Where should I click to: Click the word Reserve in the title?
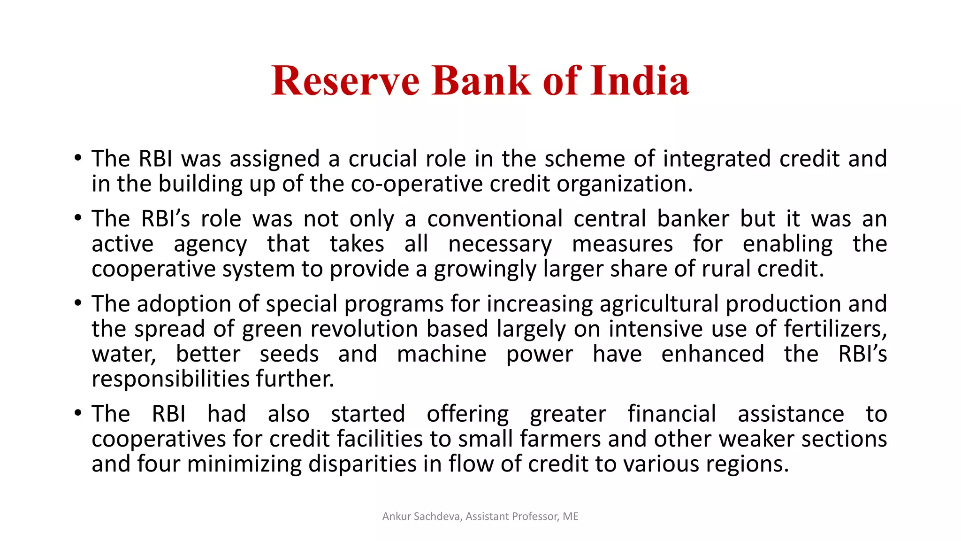pyautogui.click(x=345, y=81)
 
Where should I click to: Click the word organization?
pyautogui.click(x=624, y=184)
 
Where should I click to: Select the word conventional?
pyautogui.click(x=495, y=219)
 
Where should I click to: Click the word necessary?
pyautogui.click(x=500, y=244)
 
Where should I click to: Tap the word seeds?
pyautogui.click(x=289, y=354)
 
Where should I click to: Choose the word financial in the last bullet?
pyautogui.click(x=671, y=414)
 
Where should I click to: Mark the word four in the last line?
pyautogui.click(x=158, y=464)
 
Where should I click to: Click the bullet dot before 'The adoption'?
pyautogui.click(x=78, y=303)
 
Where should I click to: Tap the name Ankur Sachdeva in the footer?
pyautogui.click(x=421, y=517)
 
